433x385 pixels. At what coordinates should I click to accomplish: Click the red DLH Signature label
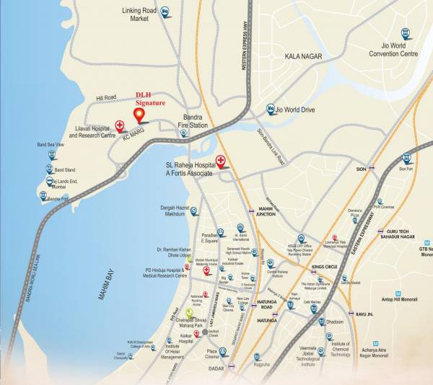[152, 99]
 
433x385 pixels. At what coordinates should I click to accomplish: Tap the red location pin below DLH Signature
[141, 115]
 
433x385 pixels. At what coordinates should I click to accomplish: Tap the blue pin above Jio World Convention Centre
[405, 32]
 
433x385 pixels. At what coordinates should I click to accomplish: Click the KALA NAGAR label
[302, 56]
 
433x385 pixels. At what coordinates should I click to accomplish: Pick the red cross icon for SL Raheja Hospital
[221, 161]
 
